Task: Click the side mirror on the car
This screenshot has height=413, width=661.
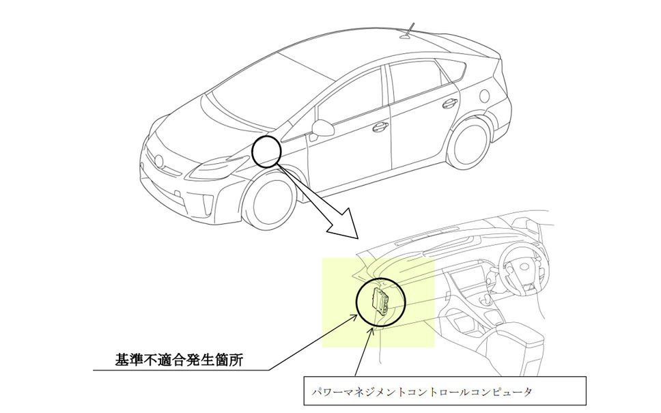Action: click(x=322, y=128)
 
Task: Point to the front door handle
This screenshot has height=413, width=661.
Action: click(x=380, y=126)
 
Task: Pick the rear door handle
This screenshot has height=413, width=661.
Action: click(x=449, y=102)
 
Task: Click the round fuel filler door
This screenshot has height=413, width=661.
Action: click(x=485, y=96)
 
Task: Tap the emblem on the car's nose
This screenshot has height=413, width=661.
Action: click(x=159, y=160)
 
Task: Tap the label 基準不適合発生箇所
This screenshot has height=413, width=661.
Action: click(x=179, y=360)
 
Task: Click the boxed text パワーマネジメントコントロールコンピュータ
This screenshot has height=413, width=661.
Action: click(x=422, y=392)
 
